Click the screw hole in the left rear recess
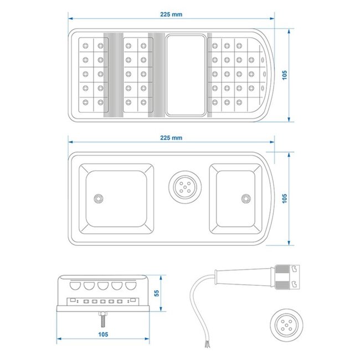point(99,198)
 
